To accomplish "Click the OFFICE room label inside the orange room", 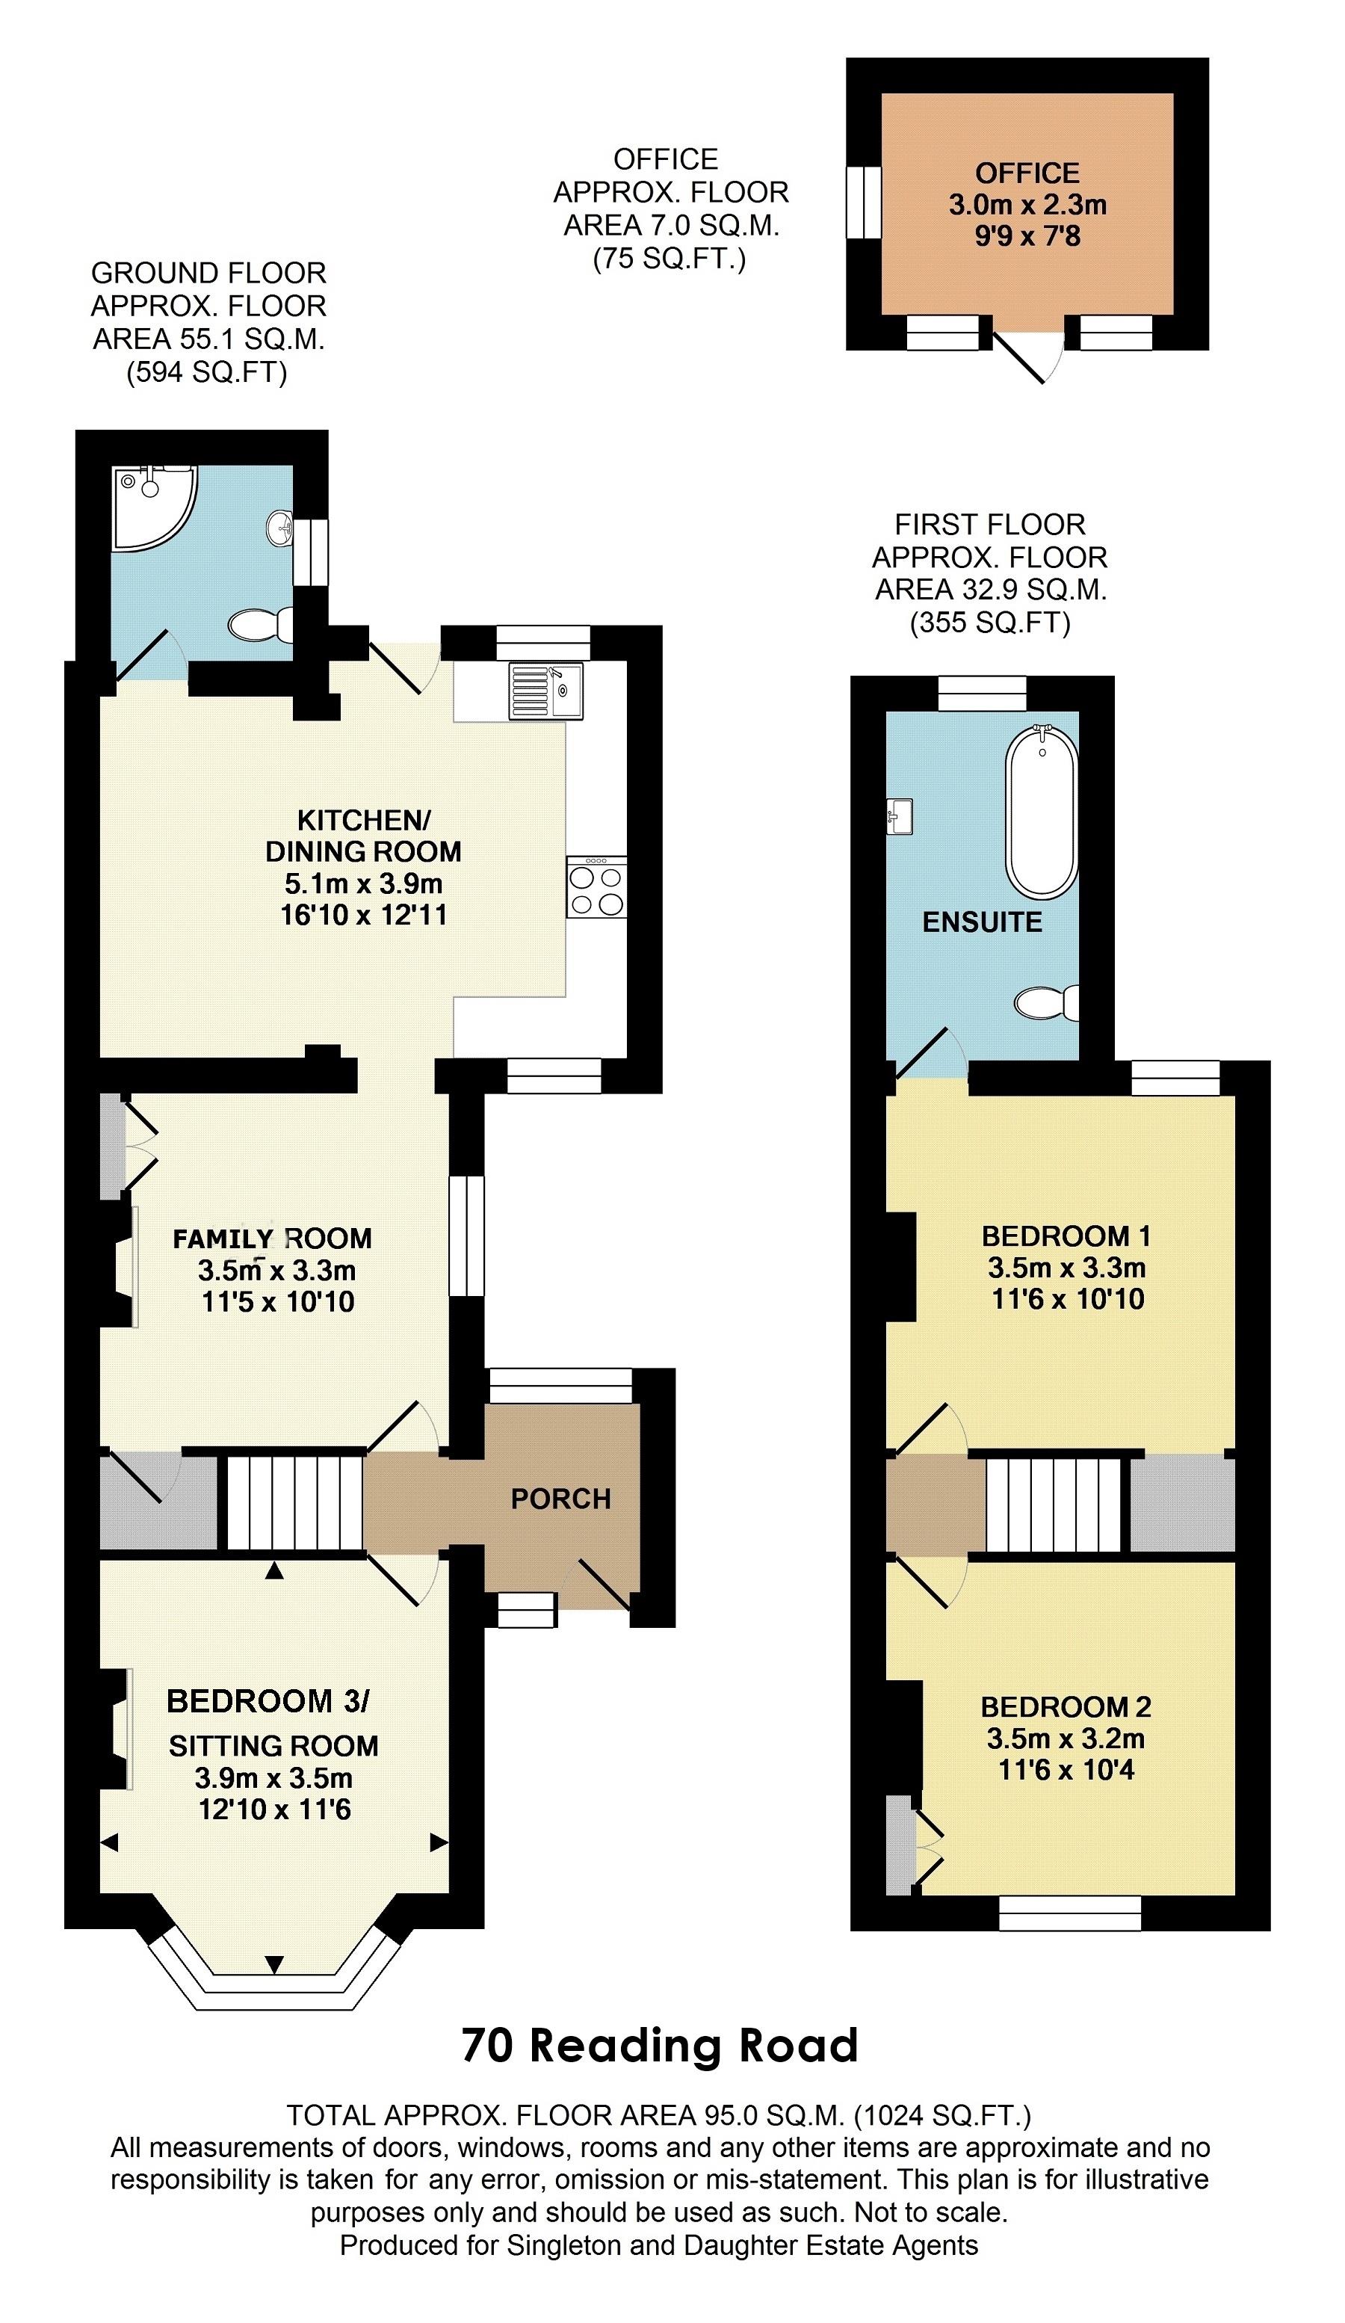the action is [x=1027, y=173].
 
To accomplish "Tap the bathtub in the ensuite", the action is [x=1042, y=811].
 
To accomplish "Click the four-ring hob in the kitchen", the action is [x=596, y=886].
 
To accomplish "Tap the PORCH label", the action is [x=560, y=1499].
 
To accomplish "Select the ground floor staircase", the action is [x=295, y=1502].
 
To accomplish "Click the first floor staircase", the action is [x=1053, y=1505].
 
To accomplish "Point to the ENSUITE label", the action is [x=982, y=922].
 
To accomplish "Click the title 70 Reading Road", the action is [x=659, y=2045].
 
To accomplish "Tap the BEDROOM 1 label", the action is [x=1066, y=1235].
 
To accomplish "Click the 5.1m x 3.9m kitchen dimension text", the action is [x=363, y=883].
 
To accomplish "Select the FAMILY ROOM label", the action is [x=273, y=1238].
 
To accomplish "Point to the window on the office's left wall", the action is [x=864, y=202].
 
